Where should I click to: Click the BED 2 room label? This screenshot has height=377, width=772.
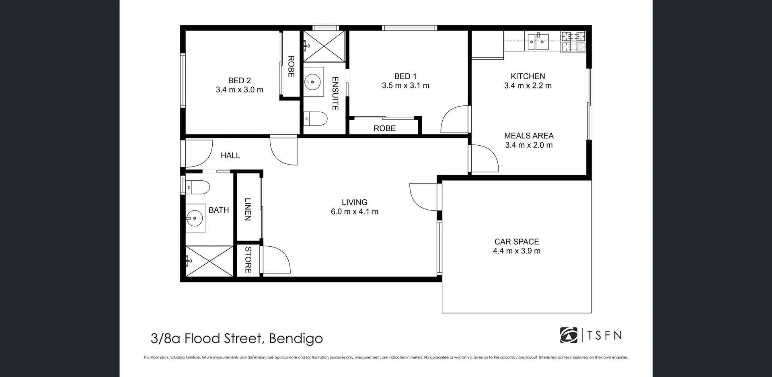tap(239, 80)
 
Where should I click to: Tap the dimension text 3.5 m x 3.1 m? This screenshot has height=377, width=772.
tap(405, 86)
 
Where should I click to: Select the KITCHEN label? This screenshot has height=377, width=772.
tap(528, 76)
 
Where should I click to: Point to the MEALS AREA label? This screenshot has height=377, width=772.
tap(529, 136)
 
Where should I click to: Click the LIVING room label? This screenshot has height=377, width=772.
tap(354, 202)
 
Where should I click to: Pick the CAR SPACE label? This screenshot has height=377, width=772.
tap(516, 241)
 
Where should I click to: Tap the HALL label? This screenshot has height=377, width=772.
tap(230, 155)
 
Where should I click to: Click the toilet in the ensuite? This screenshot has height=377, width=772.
tap(316, 118)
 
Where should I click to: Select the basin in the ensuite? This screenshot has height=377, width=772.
tap(313, 82)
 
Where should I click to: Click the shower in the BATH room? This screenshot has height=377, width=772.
tap(209, 261)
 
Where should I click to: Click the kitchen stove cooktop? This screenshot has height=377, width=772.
tap(573, 41)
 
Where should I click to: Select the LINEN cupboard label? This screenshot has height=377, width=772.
tap(248, 209)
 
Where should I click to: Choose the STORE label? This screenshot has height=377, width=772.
tap(248, 260)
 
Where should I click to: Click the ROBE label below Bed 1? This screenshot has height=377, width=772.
tap(384, 128)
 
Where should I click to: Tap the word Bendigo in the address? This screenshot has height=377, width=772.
tap(296, 338)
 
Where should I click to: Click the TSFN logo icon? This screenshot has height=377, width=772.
tap(569, 335)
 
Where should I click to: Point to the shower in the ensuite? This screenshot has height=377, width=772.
tap(324, 46)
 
